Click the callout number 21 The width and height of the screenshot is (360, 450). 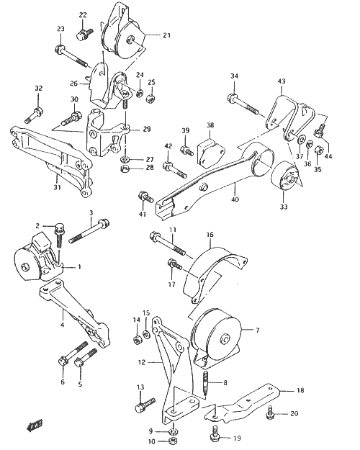point(166,35)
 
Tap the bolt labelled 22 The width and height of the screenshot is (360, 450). point(85,34)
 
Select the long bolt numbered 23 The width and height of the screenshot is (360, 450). point(71,55)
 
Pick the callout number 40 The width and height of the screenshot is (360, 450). point(235,199)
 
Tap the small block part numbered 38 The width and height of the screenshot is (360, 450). point(210,153)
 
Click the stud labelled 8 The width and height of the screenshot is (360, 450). point(204,384)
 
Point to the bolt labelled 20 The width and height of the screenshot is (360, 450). point(269,412)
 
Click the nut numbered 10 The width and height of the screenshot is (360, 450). point(173,441)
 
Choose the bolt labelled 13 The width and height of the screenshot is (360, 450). point(145,405)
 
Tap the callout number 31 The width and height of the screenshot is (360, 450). point(57,187)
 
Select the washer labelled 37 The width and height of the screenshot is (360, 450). point(300,140)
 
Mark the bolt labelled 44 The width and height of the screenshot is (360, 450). point(319,130)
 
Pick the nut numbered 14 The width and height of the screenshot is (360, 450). point(138,340)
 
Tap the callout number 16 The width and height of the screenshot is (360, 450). point(210,235)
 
